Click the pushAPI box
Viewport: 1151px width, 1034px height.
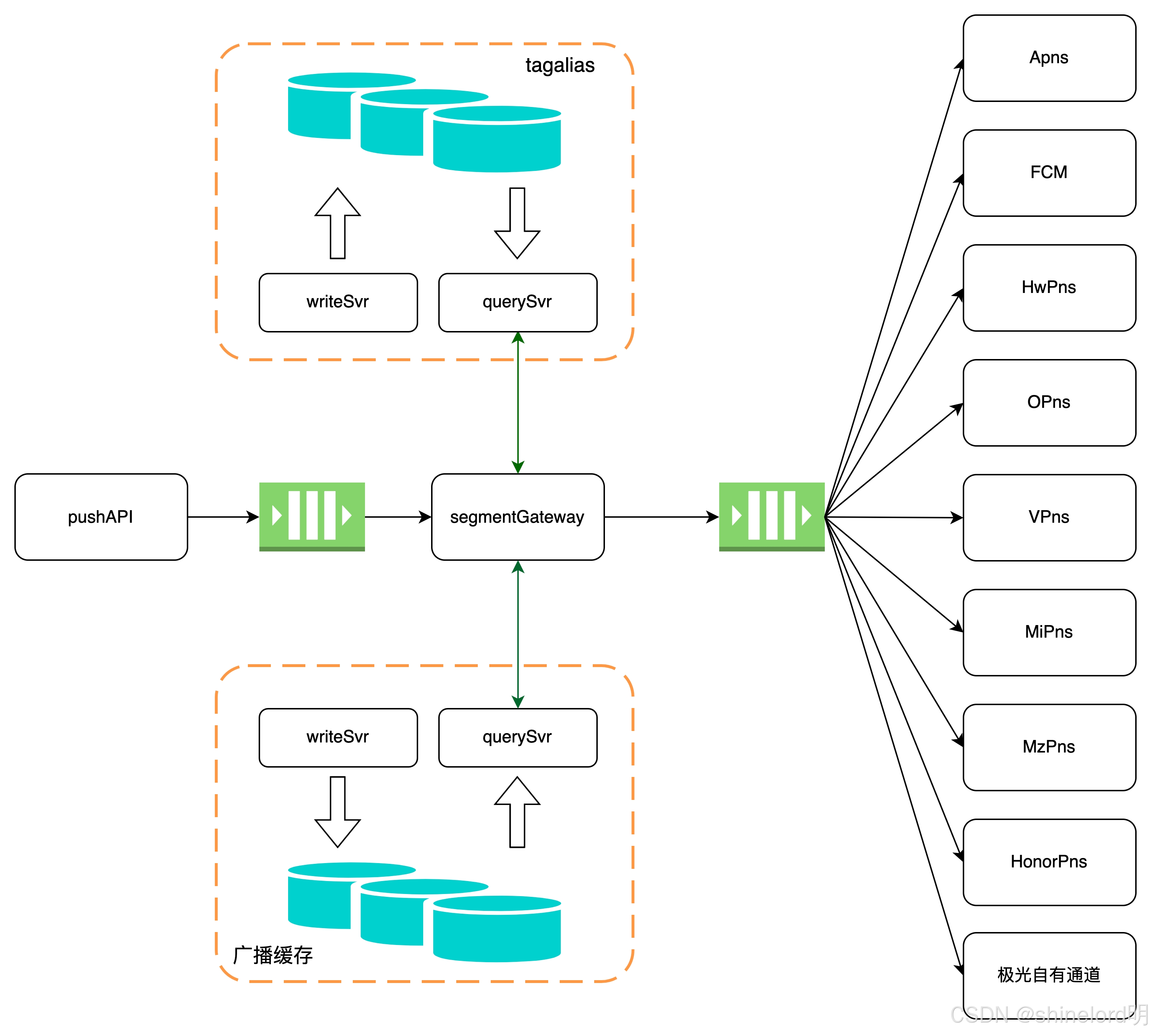pos(101,517)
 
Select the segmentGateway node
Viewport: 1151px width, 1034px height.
pos(518,517)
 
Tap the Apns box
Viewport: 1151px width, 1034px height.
pos(1049,58)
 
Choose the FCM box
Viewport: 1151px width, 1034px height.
pos(1049,173)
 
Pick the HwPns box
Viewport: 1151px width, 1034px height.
pos(1049,288)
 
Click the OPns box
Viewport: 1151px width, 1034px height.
pos(1049,402)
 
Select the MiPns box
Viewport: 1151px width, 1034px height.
pos(1049,632)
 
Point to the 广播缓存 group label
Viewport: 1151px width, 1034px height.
pos(273,955)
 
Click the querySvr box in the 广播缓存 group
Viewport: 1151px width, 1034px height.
pos(518,737)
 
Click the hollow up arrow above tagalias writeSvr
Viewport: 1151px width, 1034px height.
pos(338,223)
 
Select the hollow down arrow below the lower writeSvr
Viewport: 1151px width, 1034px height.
pos(338,812)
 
